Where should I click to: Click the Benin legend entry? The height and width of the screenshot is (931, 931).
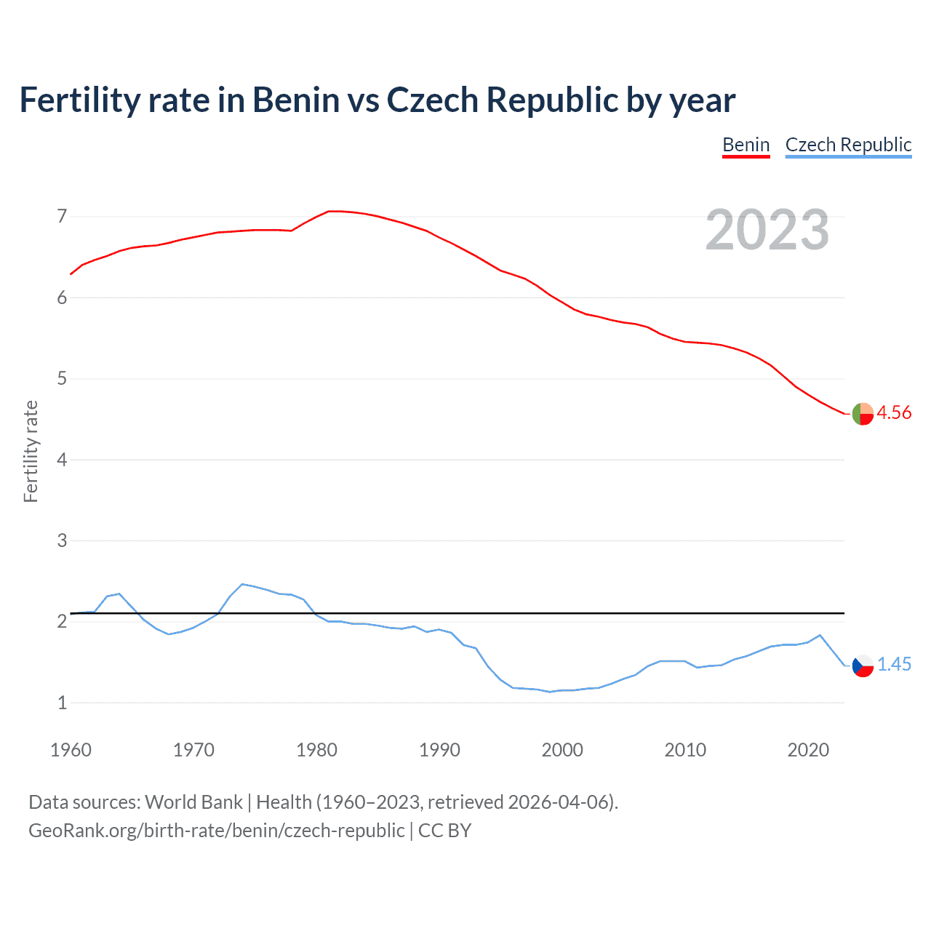746,145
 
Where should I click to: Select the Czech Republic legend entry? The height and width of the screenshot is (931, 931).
848,145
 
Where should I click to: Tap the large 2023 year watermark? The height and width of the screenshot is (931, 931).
767,230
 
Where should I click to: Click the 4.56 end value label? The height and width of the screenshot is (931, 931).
893,412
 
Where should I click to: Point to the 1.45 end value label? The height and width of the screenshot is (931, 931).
893,664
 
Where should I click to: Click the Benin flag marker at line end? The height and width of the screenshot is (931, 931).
863,413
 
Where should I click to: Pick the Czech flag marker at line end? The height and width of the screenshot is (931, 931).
863,665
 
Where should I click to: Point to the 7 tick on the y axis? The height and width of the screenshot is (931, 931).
62,216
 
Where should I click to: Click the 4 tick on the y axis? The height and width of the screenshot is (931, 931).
62,460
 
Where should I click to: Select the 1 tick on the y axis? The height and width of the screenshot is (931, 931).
62,703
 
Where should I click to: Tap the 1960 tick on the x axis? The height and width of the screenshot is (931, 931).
71,750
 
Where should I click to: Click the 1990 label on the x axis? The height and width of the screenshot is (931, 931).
439,750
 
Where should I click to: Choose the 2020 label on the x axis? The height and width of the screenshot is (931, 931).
808,750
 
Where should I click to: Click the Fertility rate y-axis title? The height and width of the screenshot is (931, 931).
31,451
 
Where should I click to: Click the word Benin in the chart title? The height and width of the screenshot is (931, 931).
295,100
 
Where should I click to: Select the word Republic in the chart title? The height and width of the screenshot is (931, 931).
551,100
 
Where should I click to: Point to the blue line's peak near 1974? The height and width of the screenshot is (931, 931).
242,584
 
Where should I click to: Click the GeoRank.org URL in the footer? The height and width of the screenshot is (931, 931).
216,830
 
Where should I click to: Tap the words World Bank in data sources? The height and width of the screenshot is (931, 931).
193,802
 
